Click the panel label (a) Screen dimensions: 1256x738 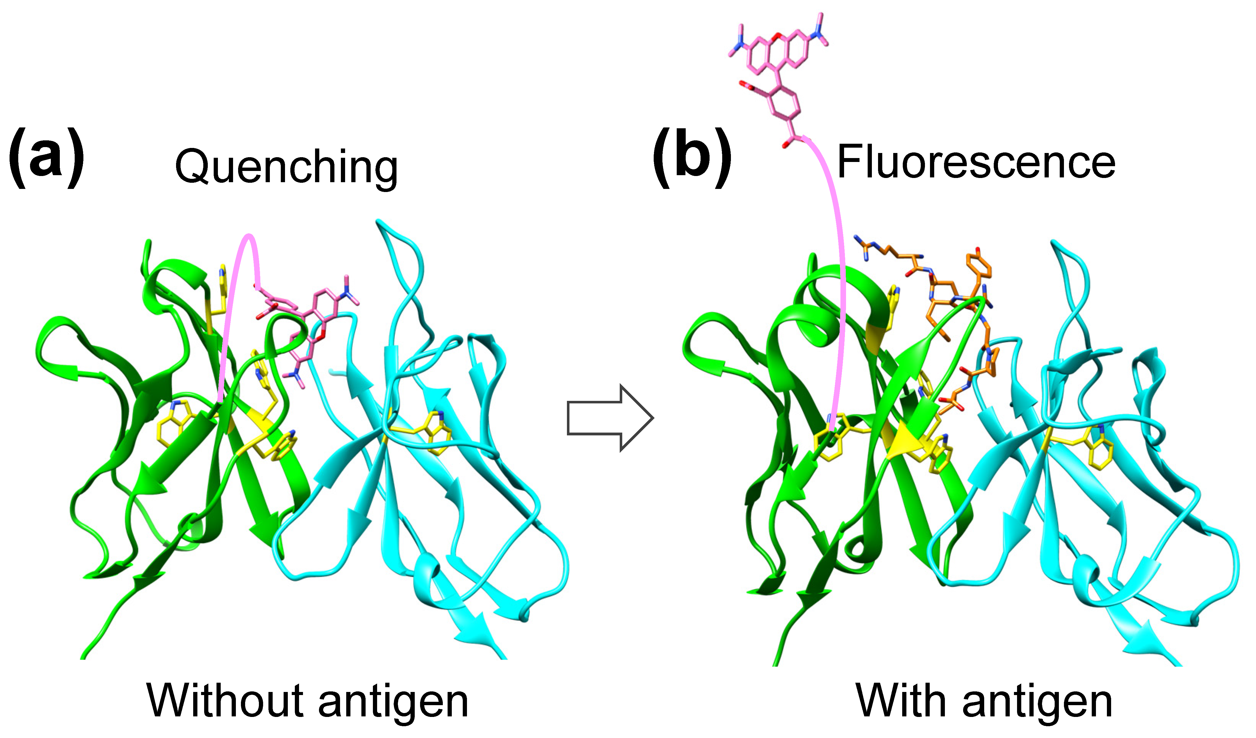(x=46, y=158)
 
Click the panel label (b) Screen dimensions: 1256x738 (x=692, y=158)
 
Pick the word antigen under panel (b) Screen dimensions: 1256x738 (x=1037, y=703)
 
